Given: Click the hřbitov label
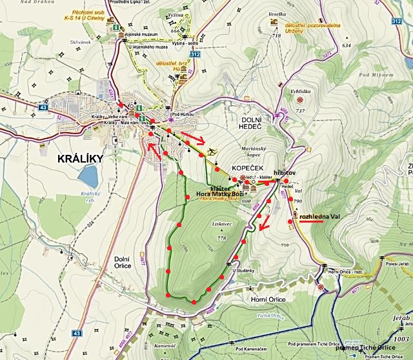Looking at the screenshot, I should (x=285, y=174).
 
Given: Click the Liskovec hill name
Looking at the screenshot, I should (x=221, y=225).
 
